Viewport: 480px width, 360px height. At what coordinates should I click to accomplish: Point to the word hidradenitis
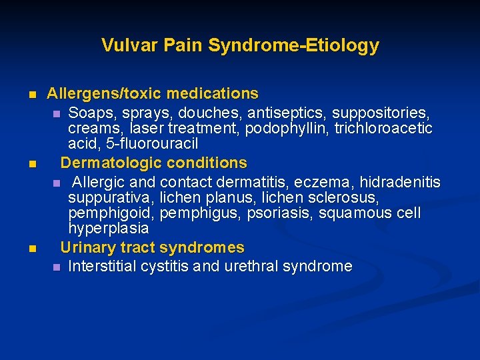click(399, 181)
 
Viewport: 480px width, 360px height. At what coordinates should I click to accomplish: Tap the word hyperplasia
click(108, 228)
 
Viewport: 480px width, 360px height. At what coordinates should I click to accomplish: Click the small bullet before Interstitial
click(57, 267)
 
